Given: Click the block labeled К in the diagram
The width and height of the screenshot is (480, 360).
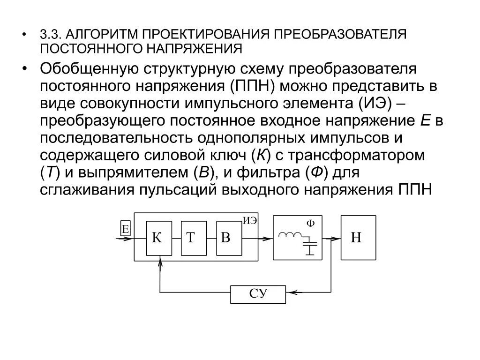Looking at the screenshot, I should pos(159,238).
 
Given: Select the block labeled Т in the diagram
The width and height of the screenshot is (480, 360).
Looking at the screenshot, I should pos(193,238).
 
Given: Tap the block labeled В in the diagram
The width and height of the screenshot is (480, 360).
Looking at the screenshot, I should pos(228,238).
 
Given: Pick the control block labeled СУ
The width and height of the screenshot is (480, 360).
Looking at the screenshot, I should pos(258,294).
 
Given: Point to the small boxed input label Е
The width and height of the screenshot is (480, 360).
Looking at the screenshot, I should pos(125,229).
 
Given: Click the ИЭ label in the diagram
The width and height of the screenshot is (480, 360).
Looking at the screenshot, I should pos(250,221).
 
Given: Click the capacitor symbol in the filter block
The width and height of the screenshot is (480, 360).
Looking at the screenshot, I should pos(309,245).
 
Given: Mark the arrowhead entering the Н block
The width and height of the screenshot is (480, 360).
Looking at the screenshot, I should pos(337,238).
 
